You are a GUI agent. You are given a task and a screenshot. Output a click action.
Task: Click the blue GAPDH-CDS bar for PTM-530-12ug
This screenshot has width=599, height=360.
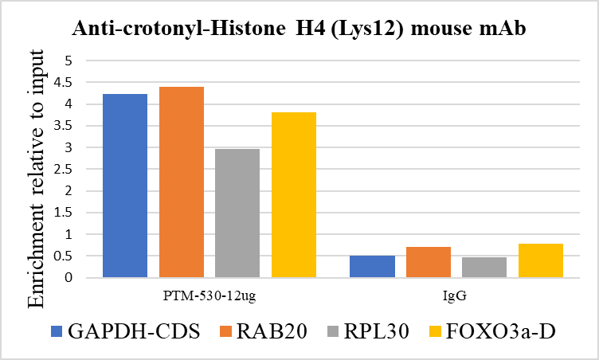(124, 186)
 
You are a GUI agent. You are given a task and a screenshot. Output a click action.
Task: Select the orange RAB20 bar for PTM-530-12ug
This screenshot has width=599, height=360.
(181, 182)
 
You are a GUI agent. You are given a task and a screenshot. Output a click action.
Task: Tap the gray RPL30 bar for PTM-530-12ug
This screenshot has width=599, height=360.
(237, 213)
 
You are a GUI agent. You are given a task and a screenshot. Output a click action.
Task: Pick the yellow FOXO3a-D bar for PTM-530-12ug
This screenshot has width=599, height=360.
(294, 195)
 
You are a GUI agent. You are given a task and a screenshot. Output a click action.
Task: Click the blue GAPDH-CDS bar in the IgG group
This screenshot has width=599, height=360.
(372, 267)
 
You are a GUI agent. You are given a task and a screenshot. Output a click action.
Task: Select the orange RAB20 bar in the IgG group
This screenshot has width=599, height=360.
(429, 263)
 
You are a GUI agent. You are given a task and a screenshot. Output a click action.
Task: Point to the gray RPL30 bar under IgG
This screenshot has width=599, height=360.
(484, 268)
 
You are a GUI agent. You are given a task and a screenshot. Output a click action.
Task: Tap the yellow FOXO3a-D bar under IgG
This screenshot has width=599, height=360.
(541, 261)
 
